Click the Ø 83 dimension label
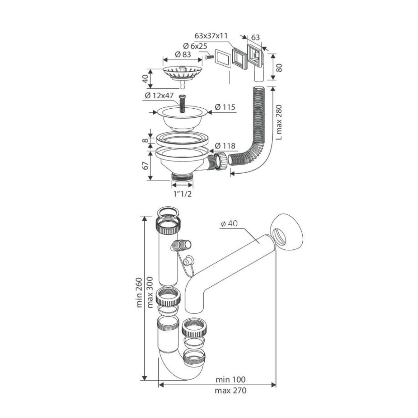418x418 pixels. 183,54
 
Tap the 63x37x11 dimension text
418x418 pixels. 211,36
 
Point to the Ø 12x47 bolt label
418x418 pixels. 159,96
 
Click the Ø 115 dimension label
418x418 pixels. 225,107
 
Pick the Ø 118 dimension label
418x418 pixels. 225,146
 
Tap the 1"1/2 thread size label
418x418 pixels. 182,194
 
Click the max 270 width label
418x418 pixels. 230,390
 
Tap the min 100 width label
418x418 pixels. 230,380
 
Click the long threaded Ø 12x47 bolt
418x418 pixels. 182,103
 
